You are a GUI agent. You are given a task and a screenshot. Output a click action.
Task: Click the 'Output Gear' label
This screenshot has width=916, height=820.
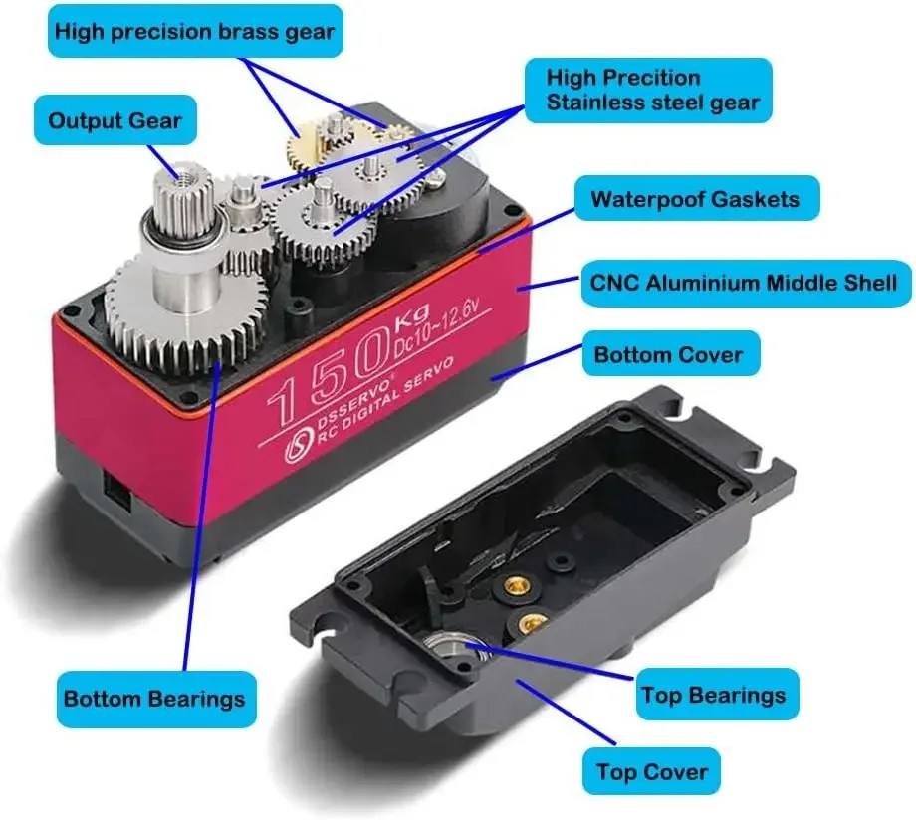point(114,121)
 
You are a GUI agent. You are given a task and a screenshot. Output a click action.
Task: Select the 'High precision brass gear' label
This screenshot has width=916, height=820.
point(194,32)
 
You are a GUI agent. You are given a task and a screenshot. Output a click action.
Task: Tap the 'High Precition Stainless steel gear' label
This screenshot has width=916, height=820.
point(652,90)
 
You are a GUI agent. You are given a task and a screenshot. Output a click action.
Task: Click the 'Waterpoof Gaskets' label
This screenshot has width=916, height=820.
point(694,199)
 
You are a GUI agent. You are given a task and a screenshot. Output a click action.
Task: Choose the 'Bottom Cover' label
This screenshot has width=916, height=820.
point(668,355)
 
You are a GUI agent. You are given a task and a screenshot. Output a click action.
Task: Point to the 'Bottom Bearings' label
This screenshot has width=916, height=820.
point(153,698)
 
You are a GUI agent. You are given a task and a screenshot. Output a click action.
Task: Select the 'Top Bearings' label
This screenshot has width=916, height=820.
point(712,695)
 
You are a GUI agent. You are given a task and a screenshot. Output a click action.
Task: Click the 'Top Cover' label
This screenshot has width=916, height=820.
point(651,771)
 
